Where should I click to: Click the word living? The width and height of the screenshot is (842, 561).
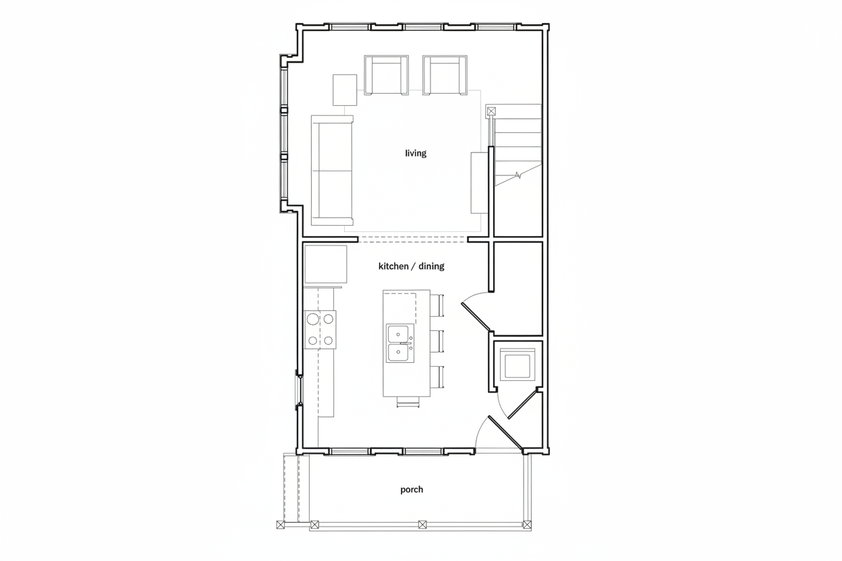click(416, 153)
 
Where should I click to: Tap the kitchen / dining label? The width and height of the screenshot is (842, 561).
click(412, 266)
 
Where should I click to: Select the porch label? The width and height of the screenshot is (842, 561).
click(412, 490)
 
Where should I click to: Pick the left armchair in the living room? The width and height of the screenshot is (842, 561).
click(386, 75)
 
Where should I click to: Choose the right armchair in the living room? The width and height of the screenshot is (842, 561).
click(445, 75)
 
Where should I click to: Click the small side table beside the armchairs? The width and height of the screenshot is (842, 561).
click(345, 90)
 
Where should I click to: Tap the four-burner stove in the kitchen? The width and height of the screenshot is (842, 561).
click(320, 330)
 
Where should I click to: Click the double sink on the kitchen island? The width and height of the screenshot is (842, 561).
click(400, 343)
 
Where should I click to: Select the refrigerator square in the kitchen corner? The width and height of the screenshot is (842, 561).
click(326, 264)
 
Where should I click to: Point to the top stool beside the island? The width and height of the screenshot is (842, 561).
click(437, 305)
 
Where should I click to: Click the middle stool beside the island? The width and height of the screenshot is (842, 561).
click(437, 341)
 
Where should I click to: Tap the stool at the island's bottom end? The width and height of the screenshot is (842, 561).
click(408, 402)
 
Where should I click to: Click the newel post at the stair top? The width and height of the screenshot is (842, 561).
click(491, 111)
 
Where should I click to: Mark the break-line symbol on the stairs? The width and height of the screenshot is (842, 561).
click(518, 175)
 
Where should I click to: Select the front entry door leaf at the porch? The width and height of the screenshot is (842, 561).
click(505, 433)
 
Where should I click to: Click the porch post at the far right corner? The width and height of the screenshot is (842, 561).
click(528, 525)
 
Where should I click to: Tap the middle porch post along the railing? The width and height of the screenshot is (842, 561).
click(422, 525)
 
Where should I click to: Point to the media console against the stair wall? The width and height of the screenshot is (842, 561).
click(480, 183)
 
